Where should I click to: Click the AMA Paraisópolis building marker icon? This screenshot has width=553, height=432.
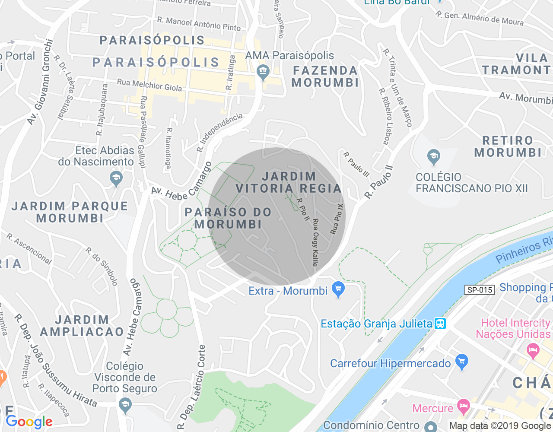tap(263, 72)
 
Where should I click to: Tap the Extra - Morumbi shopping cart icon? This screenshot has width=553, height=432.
tap(338, 289)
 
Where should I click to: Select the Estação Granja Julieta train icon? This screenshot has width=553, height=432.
tap(440, 324)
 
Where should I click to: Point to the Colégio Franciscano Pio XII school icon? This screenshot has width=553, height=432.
tap(433, 157)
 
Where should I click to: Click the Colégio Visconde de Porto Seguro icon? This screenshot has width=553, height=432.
tap(125, 406)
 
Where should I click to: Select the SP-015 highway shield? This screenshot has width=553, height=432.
tap(480, 290)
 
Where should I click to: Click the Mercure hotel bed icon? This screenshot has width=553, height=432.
tap(464, 406)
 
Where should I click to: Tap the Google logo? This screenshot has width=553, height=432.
tap(29, 422)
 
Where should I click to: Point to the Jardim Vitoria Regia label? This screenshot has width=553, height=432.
tap(289, 182)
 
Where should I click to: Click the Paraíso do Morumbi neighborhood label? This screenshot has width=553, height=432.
tap(228, 218)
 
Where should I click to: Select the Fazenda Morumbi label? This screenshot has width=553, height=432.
tap(325, 76)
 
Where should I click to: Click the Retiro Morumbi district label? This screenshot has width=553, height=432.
tap(508, 146)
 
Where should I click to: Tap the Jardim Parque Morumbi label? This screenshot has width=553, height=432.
tap(70, 212)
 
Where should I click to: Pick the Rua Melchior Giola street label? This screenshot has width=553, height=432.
tap(149, 85)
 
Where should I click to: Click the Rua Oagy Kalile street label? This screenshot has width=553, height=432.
tap(315, 242)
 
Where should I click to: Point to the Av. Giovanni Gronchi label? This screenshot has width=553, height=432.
tap(41, 82)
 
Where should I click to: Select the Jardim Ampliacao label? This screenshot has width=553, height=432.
tap(82, 326)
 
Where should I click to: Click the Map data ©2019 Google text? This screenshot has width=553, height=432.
tap(500, 426)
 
